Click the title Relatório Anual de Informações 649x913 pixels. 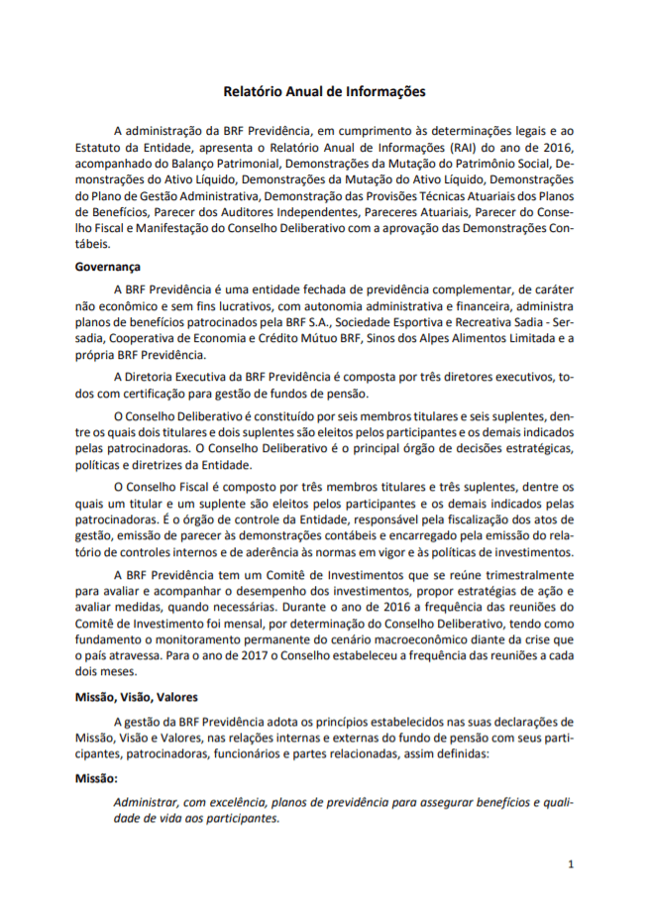point(324,91)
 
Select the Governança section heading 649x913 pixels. point(108,267)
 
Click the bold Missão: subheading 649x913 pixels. point(96,779)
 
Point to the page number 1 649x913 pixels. point(571,864)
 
